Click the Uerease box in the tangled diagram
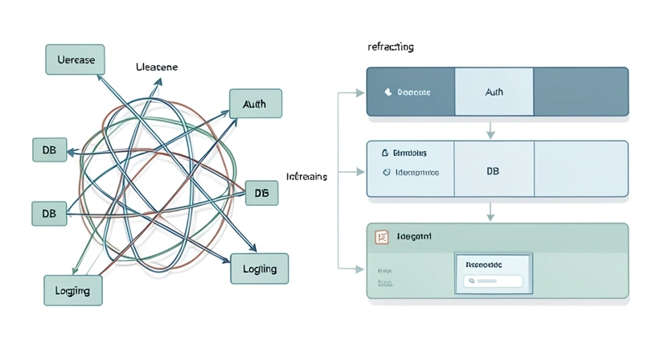pos(75,59)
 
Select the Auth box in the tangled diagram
pos(256,104)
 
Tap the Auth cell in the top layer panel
pos(494,92)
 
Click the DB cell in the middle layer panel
pos(493,171)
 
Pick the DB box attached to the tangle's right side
pos(261,193)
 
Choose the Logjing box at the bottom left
pos(72,290)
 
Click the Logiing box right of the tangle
pos(259,268)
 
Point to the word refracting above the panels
pos(391,47)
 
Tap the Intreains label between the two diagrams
pos(306,176)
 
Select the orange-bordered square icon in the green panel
pos(382,237)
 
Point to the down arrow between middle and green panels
pos(490,214)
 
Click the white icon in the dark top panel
pos(388,92)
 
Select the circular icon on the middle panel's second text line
pos(386,172)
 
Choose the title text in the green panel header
pos(415,237)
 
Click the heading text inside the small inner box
pos(484,264)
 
